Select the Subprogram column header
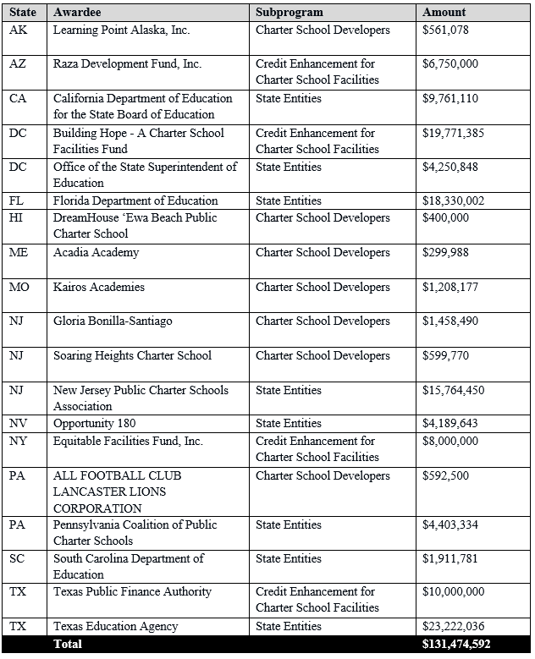[290, 13]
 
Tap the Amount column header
[444, 13]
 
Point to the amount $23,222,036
[456, 627]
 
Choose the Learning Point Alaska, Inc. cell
[121, 30]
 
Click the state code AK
[18, 30]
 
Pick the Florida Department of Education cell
[135, 200]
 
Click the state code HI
[17, 217]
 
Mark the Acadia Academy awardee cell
[96, 252]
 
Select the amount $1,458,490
[453, 321]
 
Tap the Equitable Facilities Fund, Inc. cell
[128, 441]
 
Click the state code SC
[17, 558]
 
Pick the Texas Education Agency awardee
[115, 627]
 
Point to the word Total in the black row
[68, 644]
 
